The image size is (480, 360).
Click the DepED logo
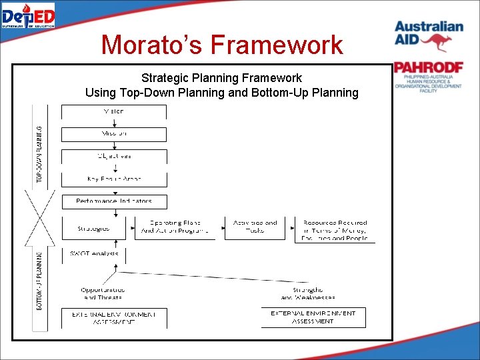[28, 15]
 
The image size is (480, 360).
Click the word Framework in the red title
[276, 45]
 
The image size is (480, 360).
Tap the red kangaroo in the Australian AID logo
[437, 43]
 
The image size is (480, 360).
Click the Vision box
[114, 111]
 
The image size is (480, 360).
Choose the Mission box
[114, 134]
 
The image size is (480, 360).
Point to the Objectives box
[114, 157]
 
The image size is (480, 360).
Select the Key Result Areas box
[114, 179]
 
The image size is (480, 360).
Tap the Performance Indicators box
[114, 201]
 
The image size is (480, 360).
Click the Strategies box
[93, 227]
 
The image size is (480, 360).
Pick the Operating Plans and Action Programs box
[175, 227]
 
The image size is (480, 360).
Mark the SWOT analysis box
[94, 254]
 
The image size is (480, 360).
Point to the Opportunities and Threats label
[103, 293]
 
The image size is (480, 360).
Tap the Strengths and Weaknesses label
[307, 293]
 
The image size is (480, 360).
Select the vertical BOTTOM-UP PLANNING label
[40, 280]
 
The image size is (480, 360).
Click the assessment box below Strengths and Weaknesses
[313, 317]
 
